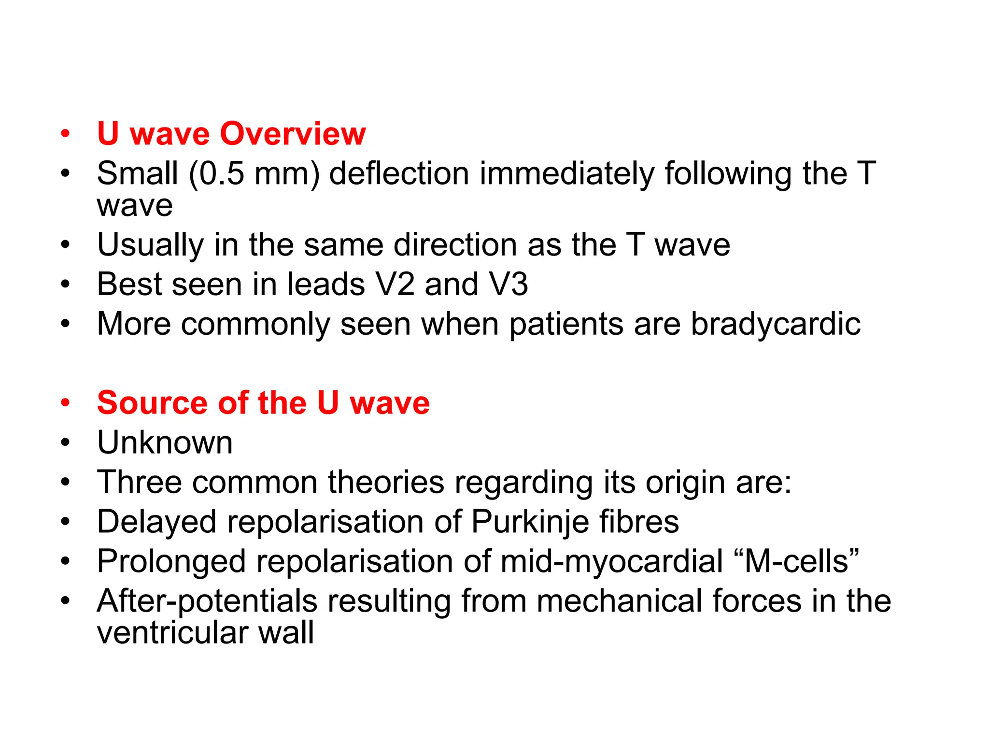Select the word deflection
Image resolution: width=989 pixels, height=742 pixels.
pyautogui.click(x=399, y=173)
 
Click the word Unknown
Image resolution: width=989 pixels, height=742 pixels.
pyautogui.click(x=165, y=442)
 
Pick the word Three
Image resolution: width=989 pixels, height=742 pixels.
pyautogui.click(x=139, y=482)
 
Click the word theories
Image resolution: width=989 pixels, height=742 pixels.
pyautogui.click(x=386, y=482)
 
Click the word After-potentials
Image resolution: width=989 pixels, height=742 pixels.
pyautogui.click(x=207, y=602)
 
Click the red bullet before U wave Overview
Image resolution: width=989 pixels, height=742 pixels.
pyautogui.click(x=66, y=134)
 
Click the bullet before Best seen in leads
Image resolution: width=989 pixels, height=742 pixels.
pyautogui.click(x=66, y=285)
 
